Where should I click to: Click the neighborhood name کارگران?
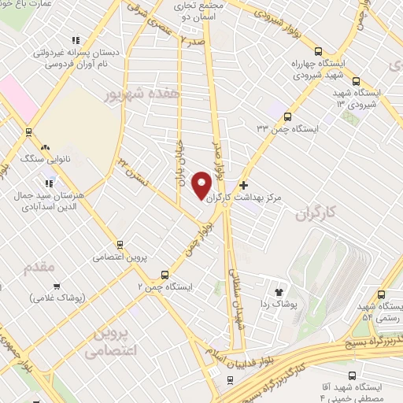click(316, 213)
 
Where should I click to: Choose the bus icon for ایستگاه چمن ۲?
click(165, 275)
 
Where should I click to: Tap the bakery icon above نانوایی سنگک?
click(45, 147)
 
